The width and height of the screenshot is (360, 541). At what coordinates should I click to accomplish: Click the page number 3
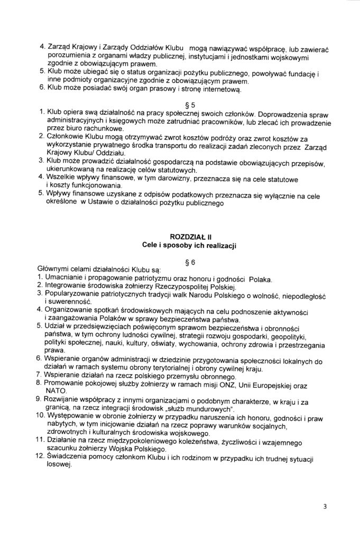coord(325,506)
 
